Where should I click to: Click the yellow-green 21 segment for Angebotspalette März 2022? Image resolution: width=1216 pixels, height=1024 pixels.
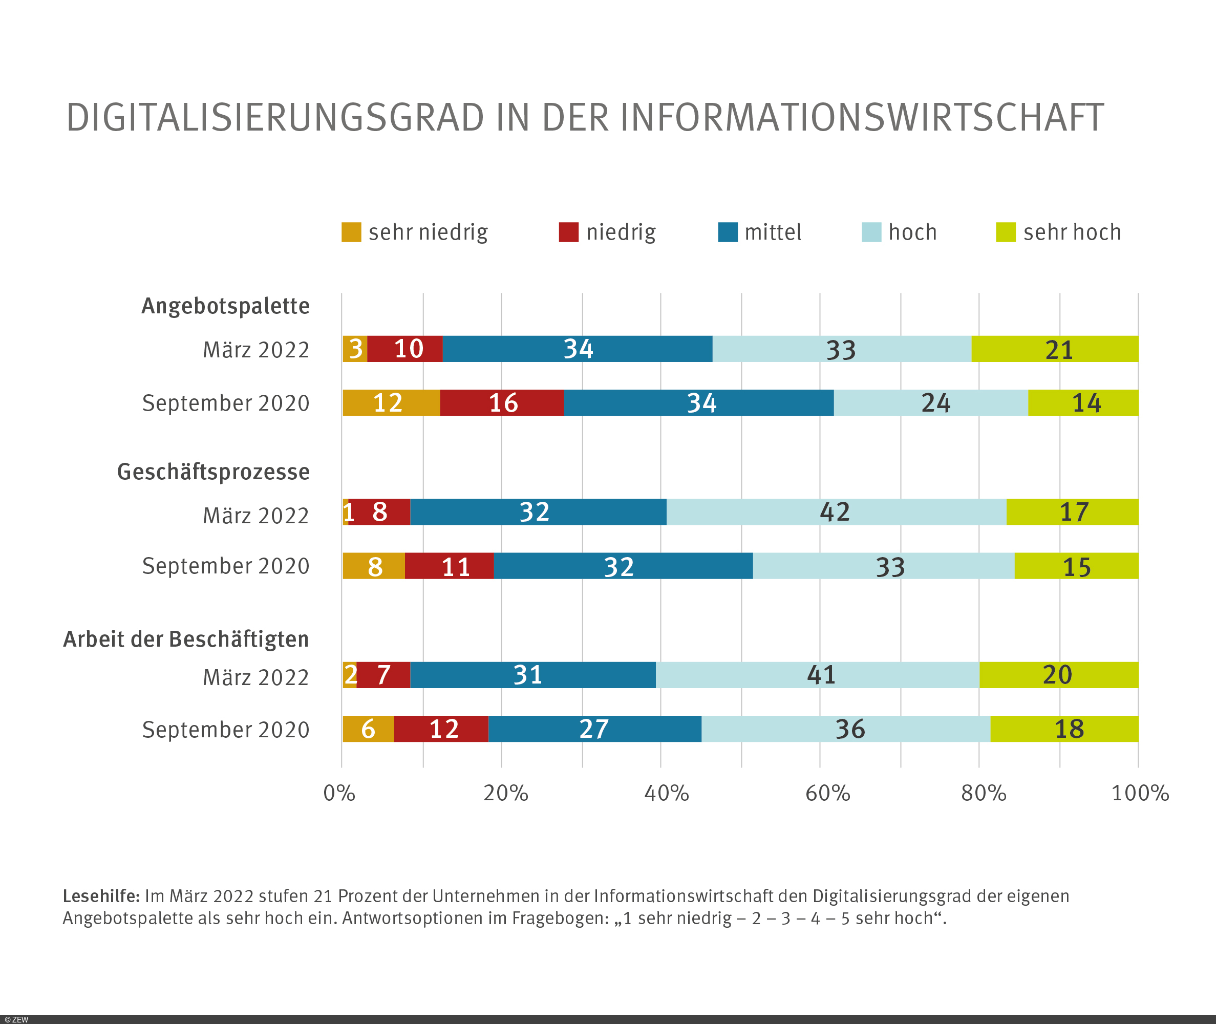[1055, 349]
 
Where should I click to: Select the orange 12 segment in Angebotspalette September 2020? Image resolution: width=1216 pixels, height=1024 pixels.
[391, 403]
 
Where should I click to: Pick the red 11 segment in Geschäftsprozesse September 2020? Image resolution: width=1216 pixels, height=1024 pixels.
[449, 566]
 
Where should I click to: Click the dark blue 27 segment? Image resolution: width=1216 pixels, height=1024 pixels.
[594, 729]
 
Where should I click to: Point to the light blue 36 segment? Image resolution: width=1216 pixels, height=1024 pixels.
[846, 729]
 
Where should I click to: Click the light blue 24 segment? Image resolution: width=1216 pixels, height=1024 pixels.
[930, 403]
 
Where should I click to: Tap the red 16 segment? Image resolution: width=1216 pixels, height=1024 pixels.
[501, 403]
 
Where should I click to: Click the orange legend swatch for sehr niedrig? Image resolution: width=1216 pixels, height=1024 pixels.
[351, 232]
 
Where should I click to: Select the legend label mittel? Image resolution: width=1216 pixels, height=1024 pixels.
[773, 232]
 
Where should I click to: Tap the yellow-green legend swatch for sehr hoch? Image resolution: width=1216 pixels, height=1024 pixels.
[1005, 232]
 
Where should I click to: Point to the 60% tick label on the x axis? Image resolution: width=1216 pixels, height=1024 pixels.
[827, 793]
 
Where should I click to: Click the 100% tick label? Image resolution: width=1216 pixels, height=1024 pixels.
[1139, 793]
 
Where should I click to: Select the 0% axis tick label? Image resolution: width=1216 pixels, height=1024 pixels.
[339, 793]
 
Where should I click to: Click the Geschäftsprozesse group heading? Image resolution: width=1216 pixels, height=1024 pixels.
[213, 472]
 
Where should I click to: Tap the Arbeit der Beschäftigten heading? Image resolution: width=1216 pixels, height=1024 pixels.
[186, 639]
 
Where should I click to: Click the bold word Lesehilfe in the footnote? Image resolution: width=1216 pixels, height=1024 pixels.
[101, 897]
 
